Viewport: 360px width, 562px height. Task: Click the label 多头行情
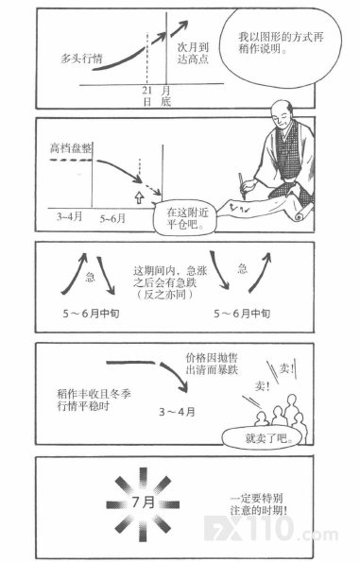tap(82, 59)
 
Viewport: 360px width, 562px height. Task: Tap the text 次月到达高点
tap(193, 53)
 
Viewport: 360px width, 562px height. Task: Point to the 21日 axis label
tap(147, 96)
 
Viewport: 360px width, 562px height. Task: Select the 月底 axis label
tap(165, 96)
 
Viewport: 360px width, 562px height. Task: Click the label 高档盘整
tap(71, 148)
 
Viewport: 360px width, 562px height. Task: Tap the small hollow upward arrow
tap(139, 197)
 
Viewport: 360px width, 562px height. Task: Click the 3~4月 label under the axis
tap(70, 216)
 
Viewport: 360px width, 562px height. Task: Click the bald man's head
tap(282, 114)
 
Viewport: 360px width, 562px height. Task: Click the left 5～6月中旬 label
tap(91, 314)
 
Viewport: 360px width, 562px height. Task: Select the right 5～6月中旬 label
tap(242, 314)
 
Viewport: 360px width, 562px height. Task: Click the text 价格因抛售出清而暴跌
tap(212, 364)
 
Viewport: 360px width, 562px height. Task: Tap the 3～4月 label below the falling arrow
tap(177, 412)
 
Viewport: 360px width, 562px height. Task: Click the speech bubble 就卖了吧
tap(264, 438)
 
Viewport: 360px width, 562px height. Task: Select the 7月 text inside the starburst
tap(143, 502)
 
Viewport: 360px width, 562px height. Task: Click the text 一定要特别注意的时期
tap(259, 504)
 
